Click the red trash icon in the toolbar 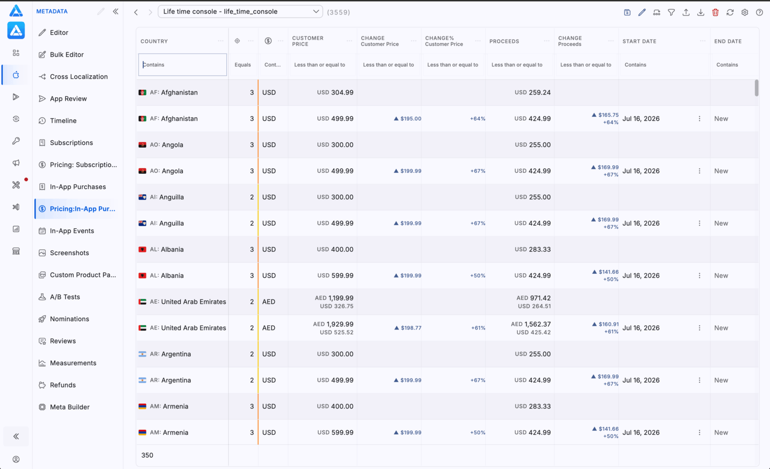tap(715, 12)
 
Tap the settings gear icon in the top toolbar tap(744, 12)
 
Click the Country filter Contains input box tap(182, 65)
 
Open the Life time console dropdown tap(240, 11)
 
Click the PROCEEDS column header tap(504, 41)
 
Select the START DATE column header tap(640, 41)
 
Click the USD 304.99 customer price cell tap(335, 93)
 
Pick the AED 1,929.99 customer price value tap(333, 324)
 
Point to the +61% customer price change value tap(478, 328)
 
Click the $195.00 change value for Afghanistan tap(407, 119)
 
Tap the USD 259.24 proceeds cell tap(533, 93)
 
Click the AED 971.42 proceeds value tap(534, 298)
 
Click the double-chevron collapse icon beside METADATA tap(115, 11)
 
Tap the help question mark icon tap(759, 12)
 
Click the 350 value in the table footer tap(147, 455)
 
